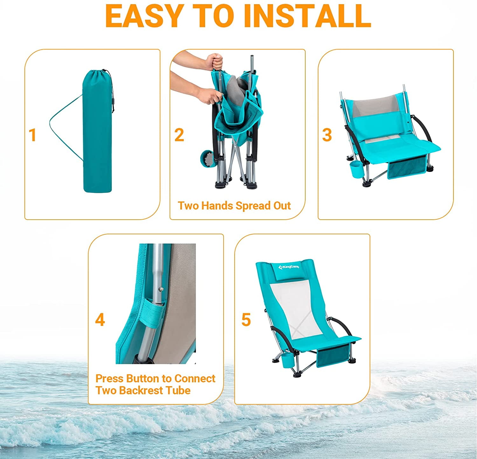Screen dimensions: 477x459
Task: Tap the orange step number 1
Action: point(32,135)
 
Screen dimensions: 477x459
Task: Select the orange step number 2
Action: point(179,135)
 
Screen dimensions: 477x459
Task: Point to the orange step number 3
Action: point(327,135)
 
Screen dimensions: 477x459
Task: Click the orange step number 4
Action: point(100,320)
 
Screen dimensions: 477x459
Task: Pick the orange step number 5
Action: point(246,320)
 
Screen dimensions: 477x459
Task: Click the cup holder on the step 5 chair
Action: point(288,361)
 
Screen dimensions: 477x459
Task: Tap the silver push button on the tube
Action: point(162,289)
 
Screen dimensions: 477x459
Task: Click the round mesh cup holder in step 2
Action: point(208,159)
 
